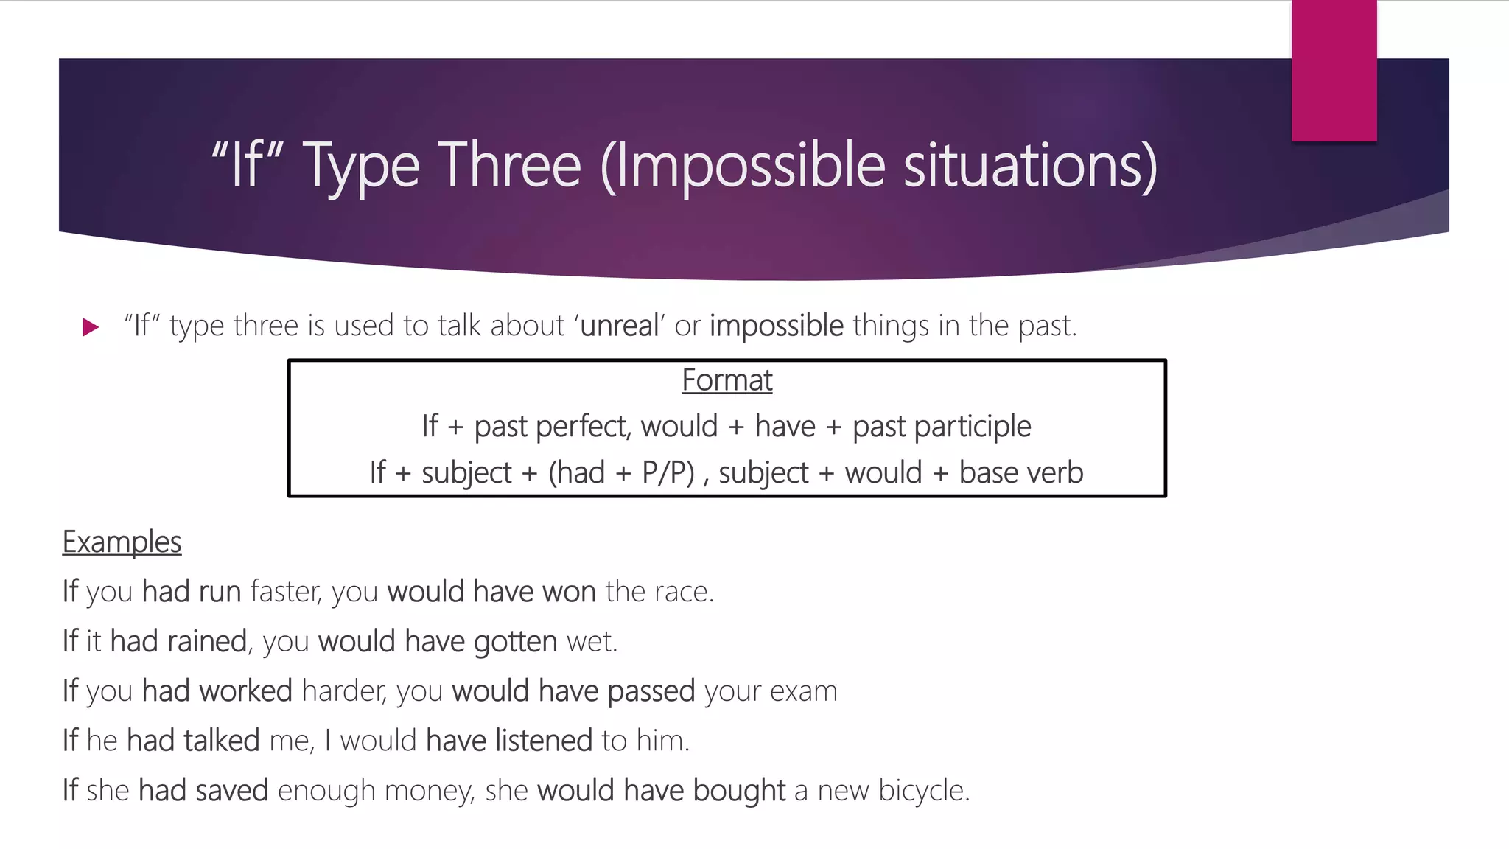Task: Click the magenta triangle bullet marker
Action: click(x=91, y=326)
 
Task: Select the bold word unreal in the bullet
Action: click(x=620, y=326)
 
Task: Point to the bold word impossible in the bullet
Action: click(x=777, y=326)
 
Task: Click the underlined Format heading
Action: click(x=727, y=380)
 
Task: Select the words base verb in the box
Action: click(x=1021, y=473)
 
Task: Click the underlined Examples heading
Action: click(x=122, y=542)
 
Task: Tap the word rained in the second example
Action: click(x=207, y=641)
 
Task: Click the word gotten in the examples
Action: click(x=515, y=641)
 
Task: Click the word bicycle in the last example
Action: click(x=922, y=791)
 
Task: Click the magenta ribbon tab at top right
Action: click(x=1334, y=70)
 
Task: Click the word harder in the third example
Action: click(x=343, y=691)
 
